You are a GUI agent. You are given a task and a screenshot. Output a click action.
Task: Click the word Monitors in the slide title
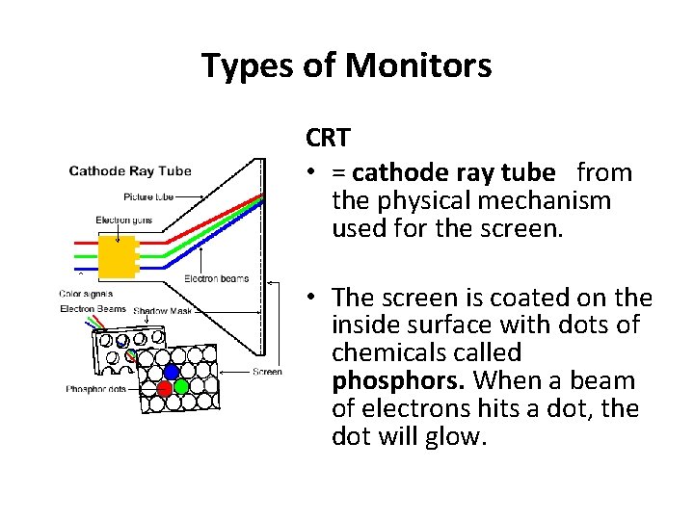click(417, 65)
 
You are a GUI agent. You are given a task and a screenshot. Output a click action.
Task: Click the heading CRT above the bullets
click(329, 138)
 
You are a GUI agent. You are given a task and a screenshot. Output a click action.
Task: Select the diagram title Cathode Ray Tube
click(130, 171)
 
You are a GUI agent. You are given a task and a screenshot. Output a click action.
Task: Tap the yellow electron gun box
click(118, 257)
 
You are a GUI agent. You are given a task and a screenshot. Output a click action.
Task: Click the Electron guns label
click(125, 221)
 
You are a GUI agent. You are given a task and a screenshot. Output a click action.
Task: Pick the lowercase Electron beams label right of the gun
click(216, 279)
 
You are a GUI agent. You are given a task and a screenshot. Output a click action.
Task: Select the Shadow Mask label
click(163, 311)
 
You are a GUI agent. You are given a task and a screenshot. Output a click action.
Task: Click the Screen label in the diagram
click(267, 372)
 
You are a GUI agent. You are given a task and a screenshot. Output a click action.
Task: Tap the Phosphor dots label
click(96, 389)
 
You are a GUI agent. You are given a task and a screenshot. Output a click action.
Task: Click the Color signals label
click(86, 294)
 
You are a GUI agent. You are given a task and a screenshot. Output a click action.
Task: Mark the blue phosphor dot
click(172, 372)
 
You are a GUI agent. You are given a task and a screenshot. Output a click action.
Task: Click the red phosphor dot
click(165, 388)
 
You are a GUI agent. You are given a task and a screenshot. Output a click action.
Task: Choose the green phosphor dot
click(180, 387)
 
